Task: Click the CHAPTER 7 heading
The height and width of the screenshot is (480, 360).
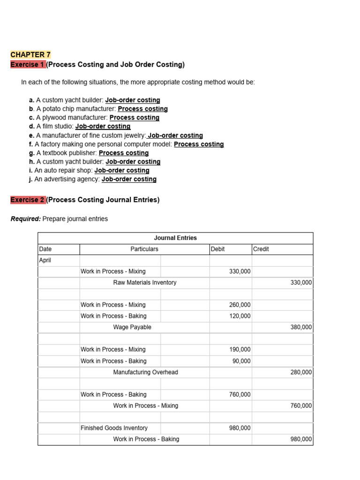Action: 30,55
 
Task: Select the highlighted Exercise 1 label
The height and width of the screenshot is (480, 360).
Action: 28,64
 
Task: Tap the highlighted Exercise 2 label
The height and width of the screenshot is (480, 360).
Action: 28,200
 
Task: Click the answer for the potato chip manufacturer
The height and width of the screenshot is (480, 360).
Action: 142,109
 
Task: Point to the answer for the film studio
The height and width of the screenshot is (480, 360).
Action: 103,126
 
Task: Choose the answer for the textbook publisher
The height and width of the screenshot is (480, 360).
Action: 124,153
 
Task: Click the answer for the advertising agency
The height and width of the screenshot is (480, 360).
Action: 129,179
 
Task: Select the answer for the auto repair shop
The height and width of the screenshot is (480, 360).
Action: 122,171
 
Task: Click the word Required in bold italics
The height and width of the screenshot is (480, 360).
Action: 25,219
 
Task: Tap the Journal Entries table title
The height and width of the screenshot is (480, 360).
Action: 175,238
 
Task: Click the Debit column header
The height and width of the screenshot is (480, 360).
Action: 218,249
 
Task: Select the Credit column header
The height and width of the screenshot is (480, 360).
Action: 261,249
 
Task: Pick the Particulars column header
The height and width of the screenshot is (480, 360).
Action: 144,249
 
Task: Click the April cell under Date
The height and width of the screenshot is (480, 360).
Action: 45,260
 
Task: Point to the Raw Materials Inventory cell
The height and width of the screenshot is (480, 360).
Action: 145,283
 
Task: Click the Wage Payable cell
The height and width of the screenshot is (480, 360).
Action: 132,327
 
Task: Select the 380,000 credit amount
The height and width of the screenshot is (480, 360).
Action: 301,327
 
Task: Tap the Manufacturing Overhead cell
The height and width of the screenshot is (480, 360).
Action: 145,372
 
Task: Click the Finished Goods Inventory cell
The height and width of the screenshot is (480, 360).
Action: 114,428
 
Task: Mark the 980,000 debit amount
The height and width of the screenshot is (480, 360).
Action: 240,428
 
